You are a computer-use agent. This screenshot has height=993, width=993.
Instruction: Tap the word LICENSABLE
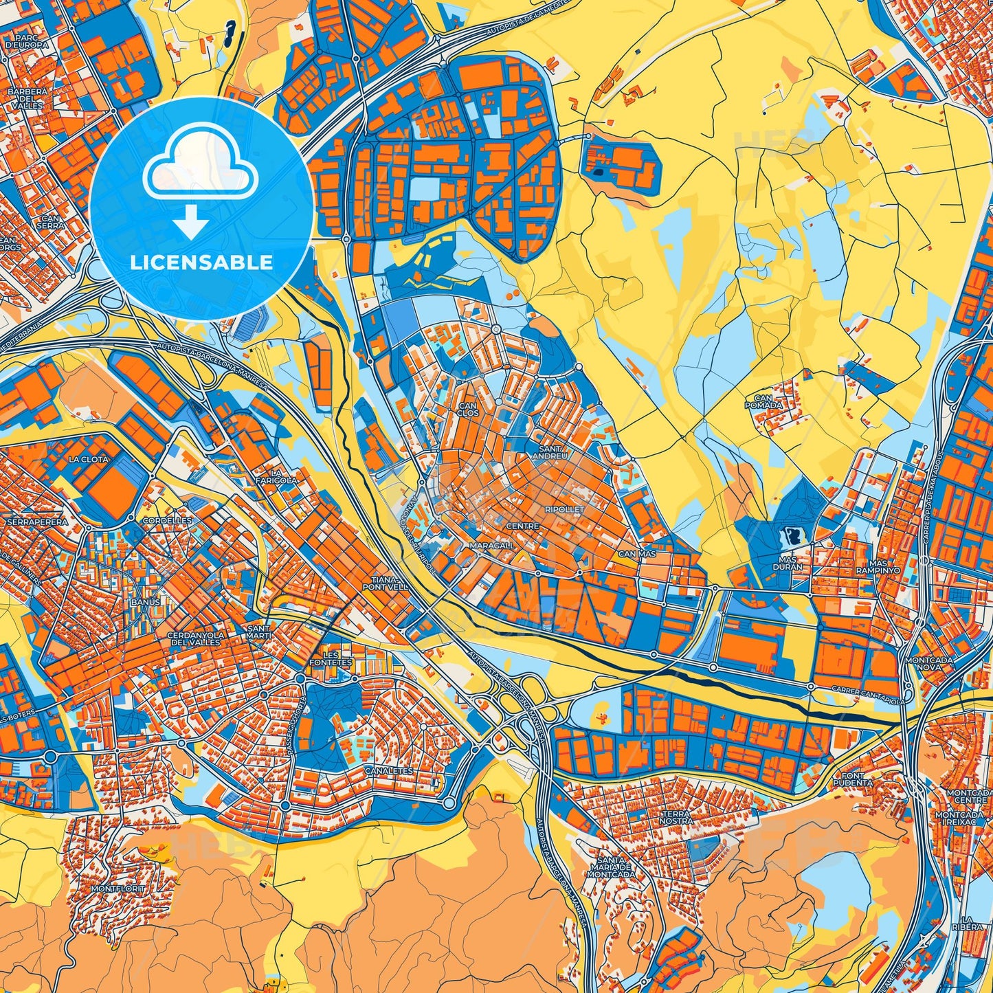(x=201, y=263)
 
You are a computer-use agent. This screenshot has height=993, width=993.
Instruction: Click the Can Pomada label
(x=763, y=401)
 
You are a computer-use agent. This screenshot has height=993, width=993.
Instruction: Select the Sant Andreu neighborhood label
(x=550, y=451)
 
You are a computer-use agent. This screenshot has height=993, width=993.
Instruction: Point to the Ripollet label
(x=564, y=509)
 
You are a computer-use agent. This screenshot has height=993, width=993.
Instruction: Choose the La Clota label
(x=89, y=459)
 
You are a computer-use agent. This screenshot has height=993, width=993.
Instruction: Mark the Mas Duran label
(x=790, y=564)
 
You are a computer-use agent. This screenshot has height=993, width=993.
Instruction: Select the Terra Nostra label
(x=676, y=817)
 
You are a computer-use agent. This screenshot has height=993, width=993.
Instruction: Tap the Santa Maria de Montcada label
(x=612, y=867)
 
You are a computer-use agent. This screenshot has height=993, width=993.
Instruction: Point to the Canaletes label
(x=389, y=771)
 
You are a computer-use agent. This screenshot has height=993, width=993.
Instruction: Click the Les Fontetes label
(x=331, y=658)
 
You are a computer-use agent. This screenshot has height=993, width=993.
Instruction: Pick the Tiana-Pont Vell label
(x=386, y=583)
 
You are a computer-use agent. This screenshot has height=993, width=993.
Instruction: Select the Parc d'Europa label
(x=27, y=41)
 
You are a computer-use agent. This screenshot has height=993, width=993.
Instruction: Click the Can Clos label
(x=467, y=410)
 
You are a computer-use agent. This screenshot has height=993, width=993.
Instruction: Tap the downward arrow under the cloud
(x=191, y=221)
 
